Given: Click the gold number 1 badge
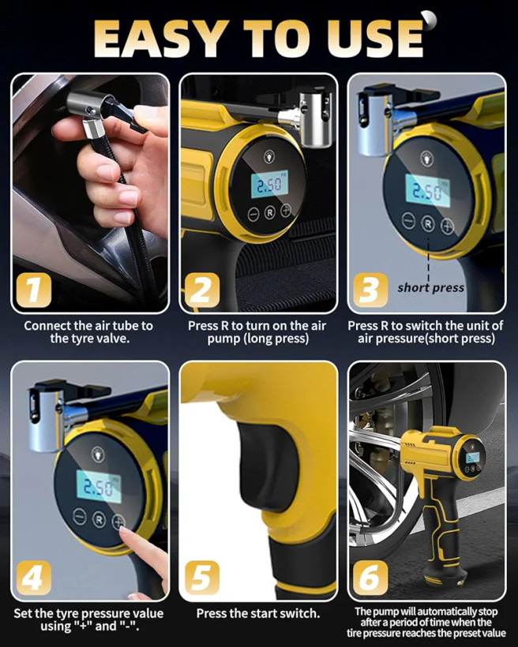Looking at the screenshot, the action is point(34,290).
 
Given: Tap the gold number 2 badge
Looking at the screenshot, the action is point(202,290).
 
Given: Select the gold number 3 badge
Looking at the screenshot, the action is point(370,290).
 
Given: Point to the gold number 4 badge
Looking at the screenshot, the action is point(34,578).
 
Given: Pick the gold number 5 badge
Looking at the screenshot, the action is point(202,578).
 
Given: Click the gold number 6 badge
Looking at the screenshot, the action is point(370,578).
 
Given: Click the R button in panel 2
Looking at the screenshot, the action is point(270,213).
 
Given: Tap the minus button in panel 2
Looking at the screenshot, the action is point(253,215).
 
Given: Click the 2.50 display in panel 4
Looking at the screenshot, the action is point(99,487).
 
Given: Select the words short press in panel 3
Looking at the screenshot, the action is point(430,288).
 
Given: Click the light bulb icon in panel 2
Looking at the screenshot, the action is point(269,157).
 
